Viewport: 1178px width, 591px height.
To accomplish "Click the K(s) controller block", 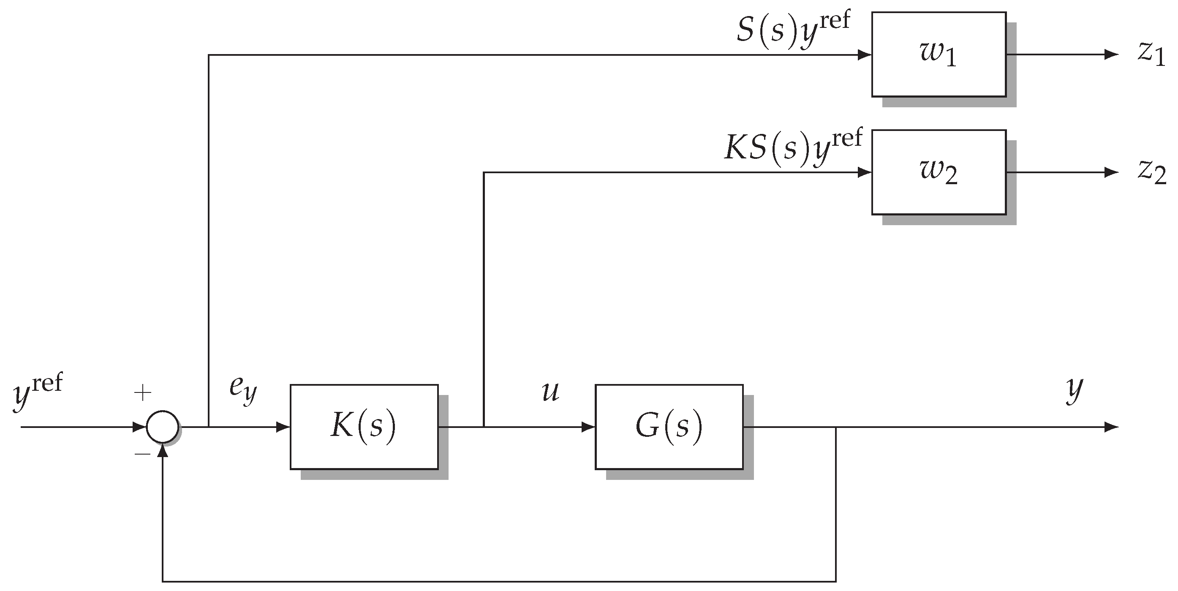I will coord(364,427).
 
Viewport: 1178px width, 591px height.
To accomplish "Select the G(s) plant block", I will coord(669,427).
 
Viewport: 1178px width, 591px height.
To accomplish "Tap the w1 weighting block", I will coord(939,54).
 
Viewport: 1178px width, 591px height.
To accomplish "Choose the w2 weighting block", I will coord(939,172).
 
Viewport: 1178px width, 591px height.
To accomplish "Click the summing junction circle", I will coord(162,427).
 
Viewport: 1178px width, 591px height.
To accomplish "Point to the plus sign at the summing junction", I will coord(143,393).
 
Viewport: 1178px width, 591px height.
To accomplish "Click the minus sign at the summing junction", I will coord(143,454).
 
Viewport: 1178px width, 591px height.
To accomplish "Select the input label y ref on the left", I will coord(38,391).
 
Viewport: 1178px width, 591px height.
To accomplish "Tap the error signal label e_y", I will coord(243,390).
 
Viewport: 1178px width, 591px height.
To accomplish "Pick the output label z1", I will coord(1151,54).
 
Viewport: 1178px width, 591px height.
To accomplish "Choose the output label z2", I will coord(1152,172).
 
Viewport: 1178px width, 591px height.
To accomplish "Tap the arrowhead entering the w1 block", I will coord(864,55).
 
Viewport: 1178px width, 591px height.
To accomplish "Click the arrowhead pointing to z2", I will coord(1111,172).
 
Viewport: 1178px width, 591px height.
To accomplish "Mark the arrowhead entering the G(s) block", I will coord(588,427).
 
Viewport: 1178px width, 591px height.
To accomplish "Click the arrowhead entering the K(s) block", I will coord(283,427).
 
